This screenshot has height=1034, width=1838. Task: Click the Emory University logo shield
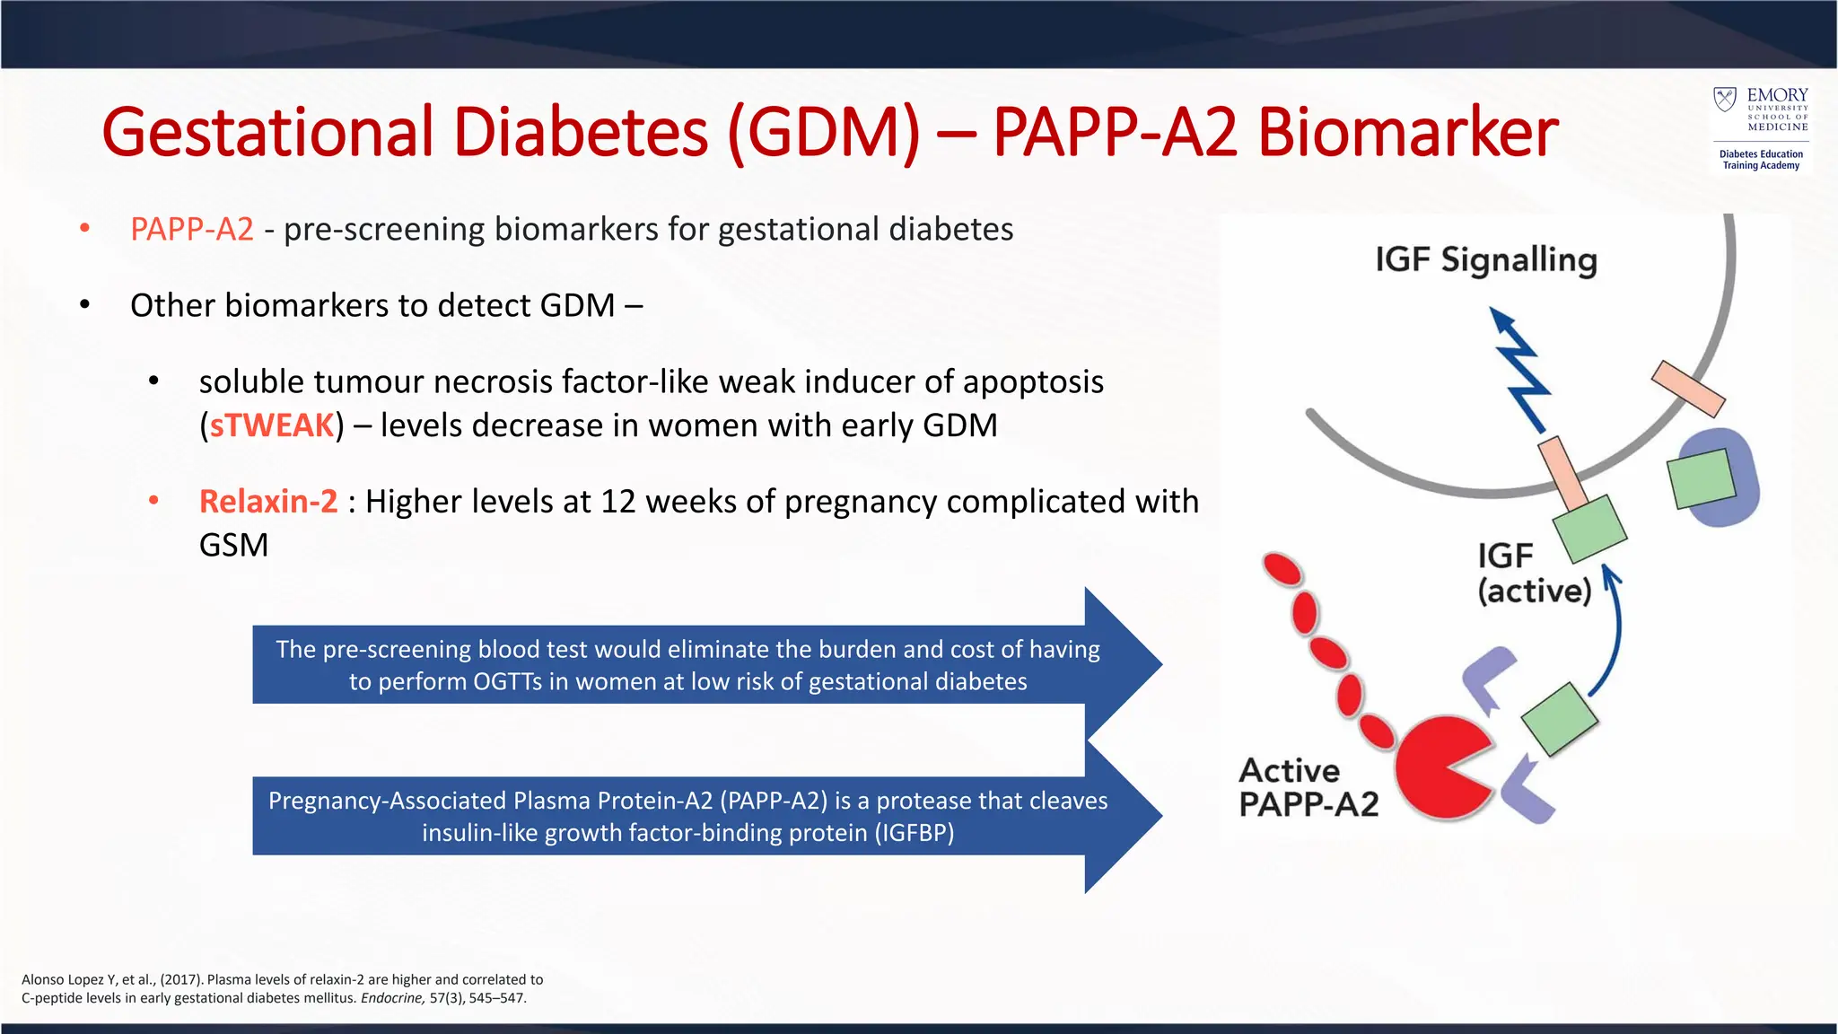(1725, 99)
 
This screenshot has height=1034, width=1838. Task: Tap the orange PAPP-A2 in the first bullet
(192, 230)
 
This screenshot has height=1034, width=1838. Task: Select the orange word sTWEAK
(271, 425)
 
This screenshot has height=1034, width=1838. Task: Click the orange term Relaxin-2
(268, 502)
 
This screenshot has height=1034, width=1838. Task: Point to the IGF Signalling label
(1486, 260)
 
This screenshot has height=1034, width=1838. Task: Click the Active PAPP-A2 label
(1308, 787)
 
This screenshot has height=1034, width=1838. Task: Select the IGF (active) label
(1534, 574)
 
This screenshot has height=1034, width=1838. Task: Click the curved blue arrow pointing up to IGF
(1611, 628)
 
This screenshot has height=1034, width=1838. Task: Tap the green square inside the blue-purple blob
(1701, 478)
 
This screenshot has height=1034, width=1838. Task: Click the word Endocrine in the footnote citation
(392, 998)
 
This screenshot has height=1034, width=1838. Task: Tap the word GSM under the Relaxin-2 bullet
(233, 546)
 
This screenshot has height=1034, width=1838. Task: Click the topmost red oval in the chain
(1282, 569)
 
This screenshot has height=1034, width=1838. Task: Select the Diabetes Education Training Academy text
(1761, 160)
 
